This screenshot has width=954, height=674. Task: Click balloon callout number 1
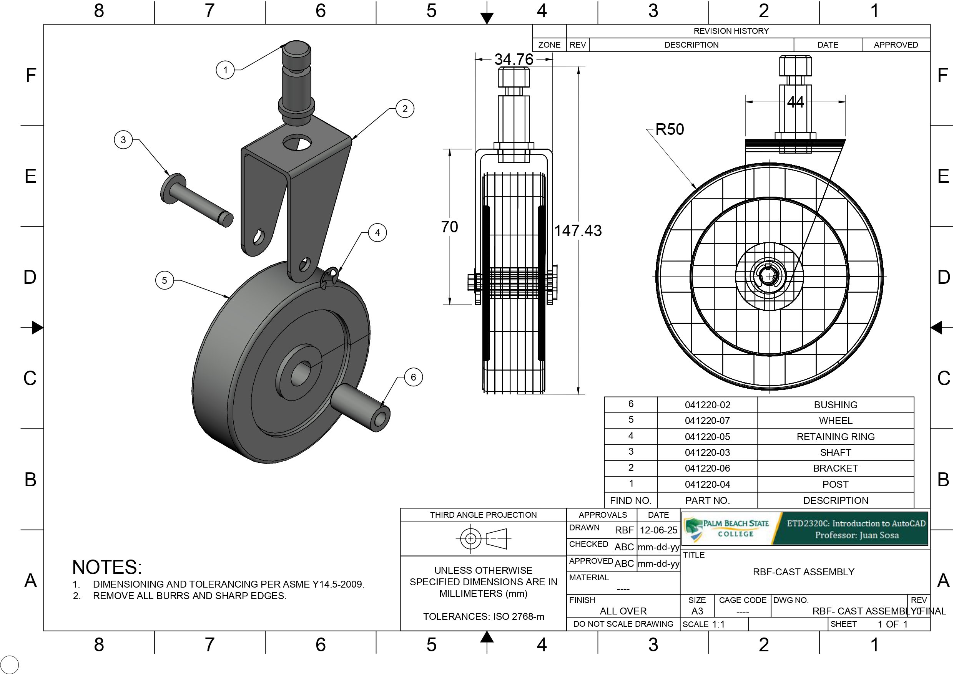pyautogui.click(x=225, y=70)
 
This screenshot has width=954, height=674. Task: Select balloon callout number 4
pyautogui.click(x=377, y=233)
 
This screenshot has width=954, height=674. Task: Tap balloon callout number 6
pyautogui.click(x=413, y=377)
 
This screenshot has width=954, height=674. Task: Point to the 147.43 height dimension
pyautogui.click(x=578, y=230)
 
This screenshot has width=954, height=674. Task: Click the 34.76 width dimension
pyautogui.click(x=514, y=60)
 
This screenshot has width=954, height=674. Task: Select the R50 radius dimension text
pyautogui.click(x=670, y=129)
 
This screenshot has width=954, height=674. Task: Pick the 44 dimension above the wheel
pyautogui.click(x=795, y=102)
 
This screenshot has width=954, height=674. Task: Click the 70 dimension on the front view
pyautogui.click(x=449, y=227)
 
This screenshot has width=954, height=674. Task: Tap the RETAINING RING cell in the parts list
pyautogui.click(x=835, y=436)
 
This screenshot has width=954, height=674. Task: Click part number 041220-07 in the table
pyautogui.click(x=707, y=421)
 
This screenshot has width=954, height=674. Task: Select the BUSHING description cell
pyautogui.click(x=835, y=405)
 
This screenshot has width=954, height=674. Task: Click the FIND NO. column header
pyautogui.click(x=630, y=500)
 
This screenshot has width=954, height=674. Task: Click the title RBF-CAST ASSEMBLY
pyautogui.click(x=803, y=572)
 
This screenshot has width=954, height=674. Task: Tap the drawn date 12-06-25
pyautogui.click(x=658, y=530)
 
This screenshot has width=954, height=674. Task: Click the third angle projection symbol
pyautogui.click(x=483, y=538)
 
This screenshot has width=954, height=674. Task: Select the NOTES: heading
pyautogui.click(x=107, y=567)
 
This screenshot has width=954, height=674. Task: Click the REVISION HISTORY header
pyautogui.click(x=731, y=31)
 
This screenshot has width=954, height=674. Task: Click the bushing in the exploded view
pyautogui.click(x=361, y=406)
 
